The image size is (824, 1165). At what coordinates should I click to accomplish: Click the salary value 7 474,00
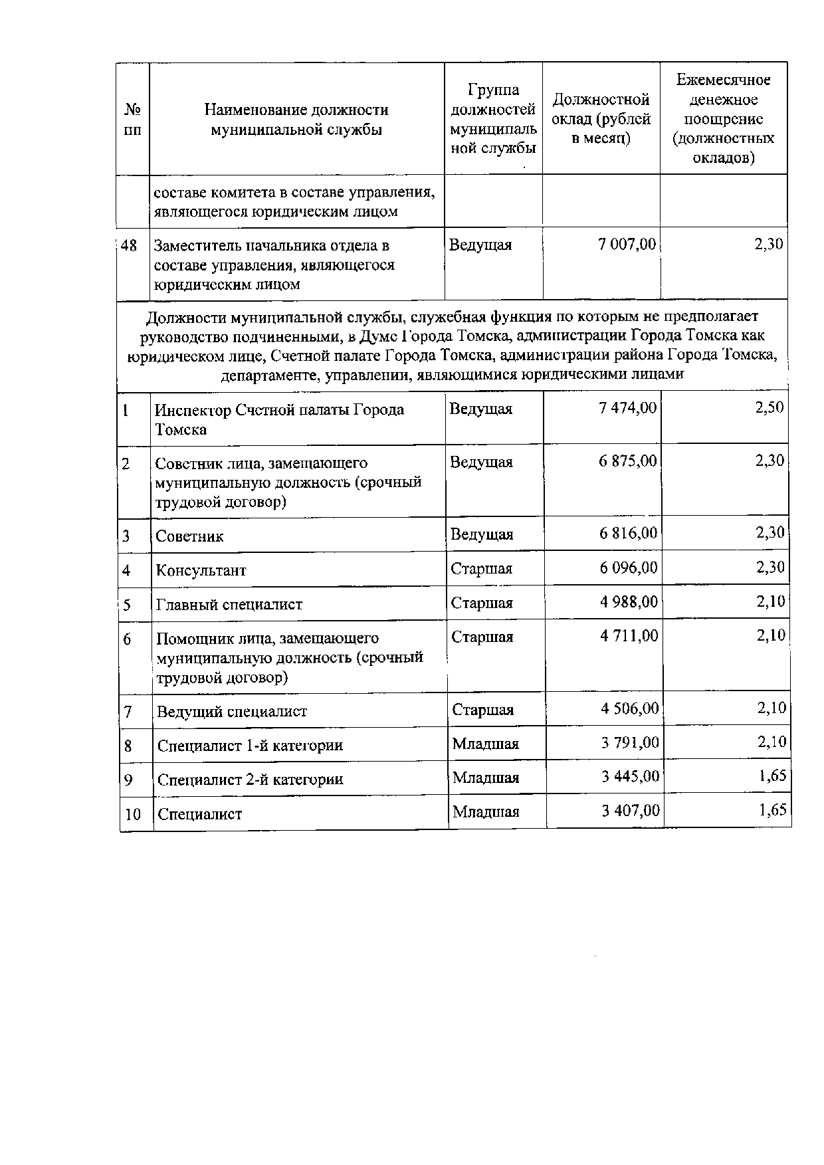[627, 408]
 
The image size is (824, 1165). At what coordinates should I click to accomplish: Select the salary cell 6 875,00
[627, 461]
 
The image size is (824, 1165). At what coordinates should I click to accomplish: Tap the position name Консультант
[201, 570]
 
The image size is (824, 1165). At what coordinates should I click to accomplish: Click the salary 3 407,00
[631, 810]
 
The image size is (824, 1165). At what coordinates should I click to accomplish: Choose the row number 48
[129, 245]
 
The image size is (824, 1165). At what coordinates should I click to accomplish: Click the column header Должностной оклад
[601, 119]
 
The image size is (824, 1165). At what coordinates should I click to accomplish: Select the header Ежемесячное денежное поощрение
[723, 119]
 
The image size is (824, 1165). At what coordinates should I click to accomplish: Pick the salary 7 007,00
[627, 245]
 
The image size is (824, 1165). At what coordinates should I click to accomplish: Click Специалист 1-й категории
[250, 746]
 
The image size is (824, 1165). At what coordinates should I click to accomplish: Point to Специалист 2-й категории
[250, 780]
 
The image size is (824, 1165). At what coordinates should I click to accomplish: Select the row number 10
[133, 814]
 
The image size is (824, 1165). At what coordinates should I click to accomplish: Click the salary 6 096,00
[629, 568]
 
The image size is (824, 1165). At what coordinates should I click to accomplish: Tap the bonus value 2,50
[770, 408]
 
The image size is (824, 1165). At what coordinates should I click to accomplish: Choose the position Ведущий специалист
[232, 712]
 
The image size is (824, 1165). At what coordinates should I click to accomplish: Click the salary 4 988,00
[629, 602]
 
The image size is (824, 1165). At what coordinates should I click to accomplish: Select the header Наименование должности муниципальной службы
[296, 120]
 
